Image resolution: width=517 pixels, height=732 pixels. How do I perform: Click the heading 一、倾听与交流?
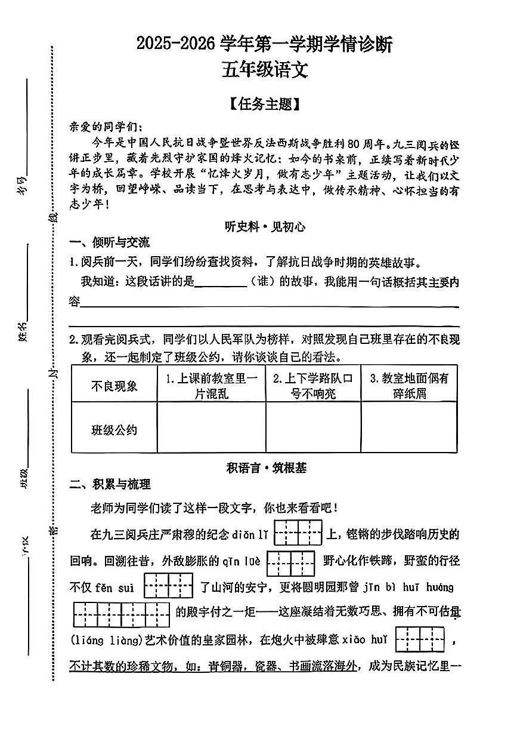pyautogui.click(x=110, y=242)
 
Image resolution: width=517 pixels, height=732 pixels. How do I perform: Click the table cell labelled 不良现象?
pyautogui.click(x=114, y=385)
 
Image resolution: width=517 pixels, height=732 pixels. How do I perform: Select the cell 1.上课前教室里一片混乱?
pyautogui.click(x=211, y=385)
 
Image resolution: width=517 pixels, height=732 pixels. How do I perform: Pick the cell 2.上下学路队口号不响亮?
pyautogui.click(x=313, y=385)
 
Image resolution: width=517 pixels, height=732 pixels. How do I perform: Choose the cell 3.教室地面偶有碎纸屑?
pyautogui.click(x=409, y=385)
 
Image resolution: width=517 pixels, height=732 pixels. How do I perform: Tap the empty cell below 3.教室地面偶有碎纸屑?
pyautogui.click(x=409, y=427)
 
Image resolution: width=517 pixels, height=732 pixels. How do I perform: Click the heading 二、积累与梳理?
pyautogui.click(x=110, y=484)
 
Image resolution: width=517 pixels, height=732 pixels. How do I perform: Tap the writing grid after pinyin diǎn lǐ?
pyautogui.click(x=298, y=533)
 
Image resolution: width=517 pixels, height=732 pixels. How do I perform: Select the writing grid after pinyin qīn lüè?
pyautogui.click(x=290, y=562)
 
